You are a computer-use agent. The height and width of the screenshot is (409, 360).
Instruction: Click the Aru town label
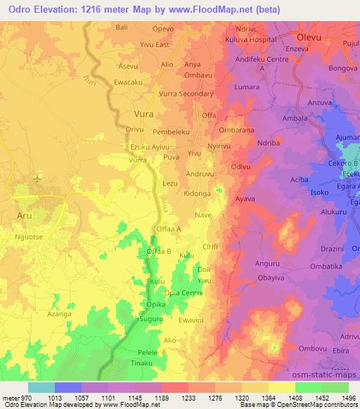coord(25,217)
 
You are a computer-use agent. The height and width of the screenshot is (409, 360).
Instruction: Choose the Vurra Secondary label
coord(186,93)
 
